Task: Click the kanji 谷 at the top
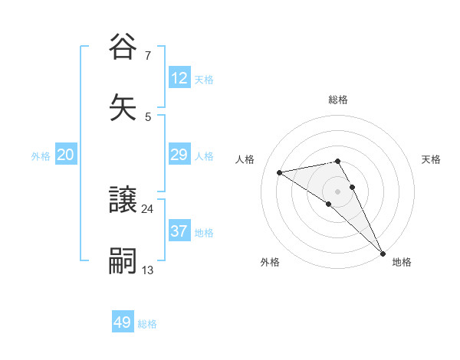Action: coord(123,47)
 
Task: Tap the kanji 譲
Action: coord(123,201)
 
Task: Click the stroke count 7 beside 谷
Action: coord(147,55)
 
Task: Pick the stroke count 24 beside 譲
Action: coord(147,208)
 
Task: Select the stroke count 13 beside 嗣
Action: coord(147,270)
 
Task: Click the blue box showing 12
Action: coord(179,78)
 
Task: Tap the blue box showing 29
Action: coord(179,155)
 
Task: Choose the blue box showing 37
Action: coord(179,231)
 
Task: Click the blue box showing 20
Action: coord(65,155)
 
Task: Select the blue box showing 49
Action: coord(123,322)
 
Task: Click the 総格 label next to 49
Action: coord(147,324)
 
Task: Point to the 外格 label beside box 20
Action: coord(41,156)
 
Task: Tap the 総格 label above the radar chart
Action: coord(338,100)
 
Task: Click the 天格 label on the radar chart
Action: coord(432,159)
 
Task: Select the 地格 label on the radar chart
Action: coord(402,262)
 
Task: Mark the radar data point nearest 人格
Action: coord(280,172)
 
